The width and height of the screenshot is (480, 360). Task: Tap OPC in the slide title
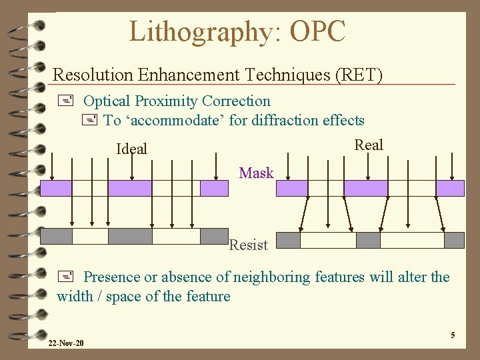316,31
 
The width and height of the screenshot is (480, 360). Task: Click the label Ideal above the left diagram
131,149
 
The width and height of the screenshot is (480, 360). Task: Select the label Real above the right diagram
369,145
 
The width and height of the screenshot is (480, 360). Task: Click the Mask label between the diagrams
256,173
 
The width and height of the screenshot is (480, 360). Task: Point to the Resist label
249,245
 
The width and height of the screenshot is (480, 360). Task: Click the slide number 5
453,335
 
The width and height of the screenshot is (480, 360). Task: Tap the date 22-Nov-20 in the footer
66,343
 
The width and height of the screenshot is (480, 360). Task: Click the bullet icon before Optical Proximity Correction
65,101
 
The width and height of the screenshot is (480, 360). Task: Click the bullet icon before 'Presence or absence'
65,277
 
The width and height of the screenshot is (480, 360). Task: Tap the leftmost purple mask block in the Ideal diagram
56,188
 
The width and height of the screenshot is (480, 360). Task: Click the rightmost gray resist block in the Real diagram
454,240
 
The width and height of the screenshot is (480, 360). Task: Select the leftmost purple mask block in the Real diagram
300,188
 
